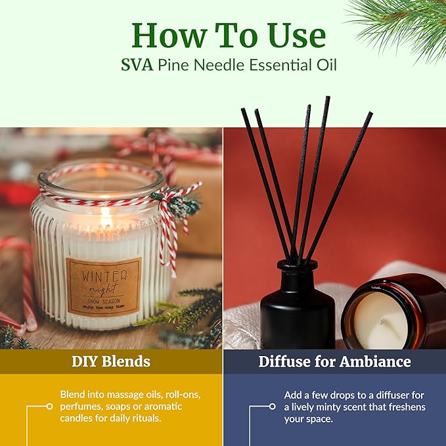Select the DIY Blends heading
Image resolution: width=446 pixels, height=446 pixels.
111,361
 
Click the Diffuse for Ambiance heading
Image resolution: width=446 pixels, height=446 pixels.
334,361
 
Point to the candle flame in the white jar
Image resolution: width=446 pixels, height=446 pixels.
106,217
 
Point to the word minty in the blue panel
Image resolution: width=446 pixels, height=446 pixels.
336,407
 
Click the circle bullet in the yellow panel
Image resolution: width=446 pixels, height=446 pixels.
49,407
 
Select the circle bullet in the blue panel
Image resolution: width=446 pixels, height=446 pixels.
273,407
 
